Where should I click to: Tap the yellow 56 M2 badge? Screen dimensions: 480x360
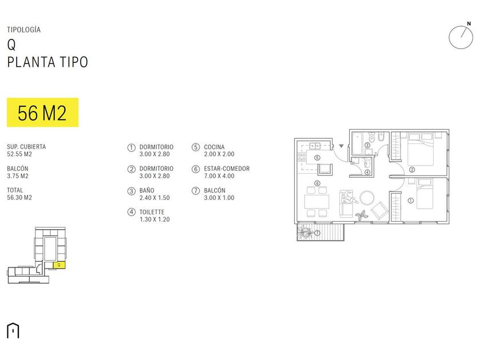(x=42, y=113)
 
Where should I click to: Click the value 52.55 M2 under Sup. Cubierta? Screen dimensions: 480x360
(x=19, y=154)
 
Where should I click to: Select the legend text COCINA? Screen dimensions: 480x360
(x=214, y=147)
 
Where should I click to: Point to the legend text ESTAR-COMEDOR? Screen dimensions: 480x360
(x=227, y=169)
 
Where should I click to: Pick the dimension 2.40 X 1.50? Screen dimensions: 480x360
(x=155, y=198)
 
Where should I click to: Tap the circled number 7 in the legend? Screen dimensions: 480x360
(x=195, y=191)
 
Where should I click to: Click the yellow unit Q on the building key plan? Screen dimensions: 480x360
(x=59, y=265)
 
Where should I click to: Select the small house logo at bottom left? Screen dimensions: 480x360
(x=13, y=330)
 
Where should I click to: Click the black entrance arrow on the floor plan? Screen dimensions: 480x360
(x=341, y=146)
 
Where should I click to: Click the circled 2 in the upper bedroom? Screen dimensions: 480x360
(x=411, y=169)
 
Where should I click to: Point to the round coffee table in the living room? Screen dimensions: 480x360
(x=366, y=197)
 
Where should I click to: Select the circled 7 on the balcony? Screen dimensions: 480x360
(x=317, y=233)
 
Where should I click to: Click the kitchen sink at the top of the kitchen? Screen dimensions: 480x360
(x=313, y=146)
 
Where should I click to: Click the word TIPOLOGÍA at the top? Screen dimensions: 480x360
(x=24, y=30)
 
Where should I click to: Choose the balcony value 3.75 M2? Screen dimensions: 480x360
(x=18, y=176)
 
